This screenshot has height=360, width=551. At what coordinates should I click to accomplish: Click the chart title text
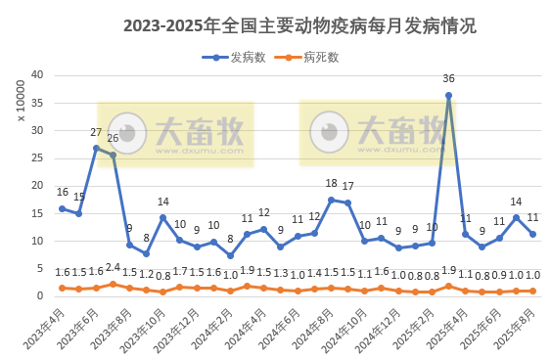tap(299, 26)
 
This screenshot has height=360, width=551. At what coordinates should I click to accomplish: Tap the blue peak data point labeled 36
tap(448, 96)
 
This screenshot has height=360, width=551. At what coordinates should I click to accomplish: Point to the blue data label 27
tap(96, 132)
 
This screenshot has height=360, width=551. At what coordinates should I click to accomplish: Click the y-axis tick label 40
tap(36, 74)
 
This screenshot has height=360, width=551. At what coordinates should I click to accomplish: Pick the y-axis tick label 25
tap(36, 157)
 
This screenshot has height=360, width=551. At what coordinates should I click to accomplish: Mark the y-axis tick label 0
tap(39, 296)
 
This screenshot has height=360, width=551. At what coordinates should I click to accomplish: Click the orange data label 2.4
tap(114, 267)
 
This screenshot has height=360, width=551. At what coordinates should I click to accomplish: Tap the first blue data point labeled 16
tap(63, 208)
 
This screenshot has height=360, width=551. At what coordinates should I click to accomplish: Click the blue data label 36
tap(448, 78)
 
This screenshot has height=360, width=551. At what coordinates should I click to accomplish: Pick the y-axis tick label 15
tap(36, 213)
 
